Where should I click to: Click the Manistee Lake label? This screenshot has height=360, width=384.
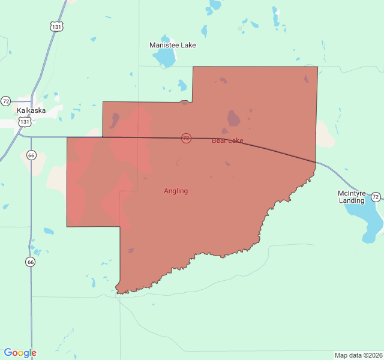point(172,45)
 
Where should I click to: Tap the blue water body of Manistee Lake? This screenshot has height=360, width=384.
point(163,58)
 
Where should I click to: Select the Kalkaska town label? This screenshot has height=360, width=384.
point(31,110)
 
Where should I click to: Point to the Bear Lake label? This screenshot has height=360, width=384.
point(227,140)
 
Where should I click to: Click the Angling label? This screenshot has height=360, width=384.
point(176,191)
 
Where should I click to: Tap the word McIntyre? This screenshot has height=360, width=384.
point(352,193)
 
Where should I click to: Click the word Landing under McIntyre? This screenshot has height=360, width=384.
point(352,200)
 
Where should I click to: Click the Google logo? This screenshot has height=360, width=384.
point(20,353)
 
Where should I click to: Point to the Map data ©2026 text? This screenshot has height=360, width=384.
point(358,355)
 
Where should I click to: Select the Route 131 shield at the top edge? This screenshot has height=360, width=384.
point(56,26)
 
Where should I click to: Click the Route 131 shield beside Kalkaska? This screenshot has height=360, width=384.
point(25,121)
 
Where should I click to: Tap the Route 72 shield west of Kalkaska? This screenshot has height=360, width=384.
point(5,101)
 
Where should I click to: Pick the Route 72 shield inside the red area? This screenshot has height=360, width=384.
point(186,138)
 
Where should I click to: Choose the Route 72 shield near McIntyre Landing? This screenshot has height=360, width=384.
point(376,197)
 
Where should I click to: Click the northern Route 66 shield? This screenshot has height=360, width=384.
point(32,155)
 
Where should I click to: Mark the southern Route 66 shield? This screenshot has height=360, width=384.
point(31,262)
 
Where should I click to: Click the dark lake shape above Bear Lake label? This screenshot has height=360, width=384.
point(233,118)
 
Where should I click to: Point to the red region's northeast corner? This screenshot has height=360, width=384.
point(317,67)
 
